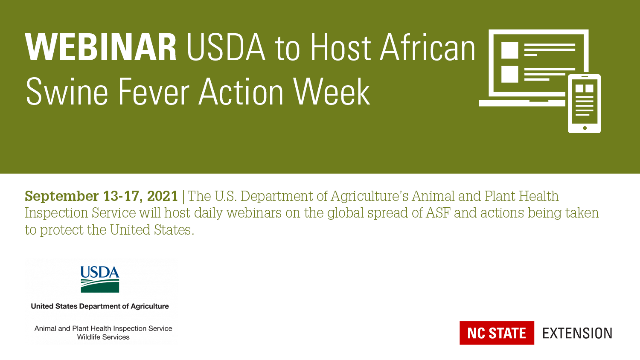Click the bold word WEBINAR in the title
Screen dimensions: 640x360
pos(101,47)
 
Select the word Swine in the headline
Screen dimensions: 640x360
pos(67,92)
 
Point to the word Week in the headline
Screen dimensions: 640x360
pos(332,92)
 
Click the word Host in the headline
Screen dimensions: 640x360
pos(340,47)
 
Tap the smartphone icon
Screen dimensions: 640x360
pos(584,103)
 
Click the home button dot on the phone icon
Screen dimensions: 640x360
pos(585,128)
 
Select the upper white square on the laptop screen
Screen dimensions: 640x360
pos(510,50)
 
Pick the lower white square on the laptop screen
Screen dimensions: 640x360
pos(510,74)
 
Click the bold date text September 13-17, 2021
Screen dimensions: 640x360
pos(102,196)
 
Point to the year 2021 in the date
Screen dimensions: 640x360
pos(162,196)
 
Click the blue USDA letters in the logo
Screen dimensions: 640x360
pos(100,272)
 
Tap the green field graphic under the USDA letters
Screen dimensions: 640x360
pos(100,286)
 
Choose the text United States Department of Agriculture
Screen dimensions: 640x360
pos(100,306)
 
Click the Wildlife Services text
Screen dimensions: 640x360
pos(103,337)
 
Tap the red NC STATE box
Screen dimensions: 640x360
pos(497,333)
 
